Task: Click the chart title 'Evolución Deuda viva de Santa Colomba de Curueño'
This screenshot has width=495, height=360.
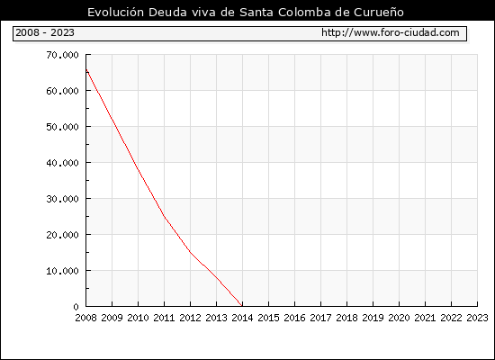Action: click(246, 12)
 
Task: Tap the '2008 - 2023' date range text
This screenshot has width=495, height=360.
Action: click(45, 32)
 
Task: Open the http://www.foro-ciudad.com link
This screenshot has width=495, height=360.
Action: click(391, 32)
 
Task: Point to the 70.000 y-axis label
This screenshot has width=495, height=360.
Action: click(62, 55)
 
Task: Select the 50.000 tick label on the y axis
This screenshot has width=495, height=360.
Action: click(62, 127)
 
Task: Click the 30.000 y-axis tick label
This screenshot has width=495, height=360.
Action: click(62, 199)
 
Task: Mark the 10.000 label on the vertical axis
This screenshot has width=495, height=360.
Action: click(62, 271)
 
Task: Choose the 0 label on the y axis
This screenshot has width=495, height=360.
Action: click(76, 307)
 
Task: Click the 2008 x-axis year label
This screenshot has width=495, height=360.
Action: click(85, 318)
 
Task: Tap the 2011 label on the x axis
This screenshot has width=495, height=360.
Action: click(164, 318)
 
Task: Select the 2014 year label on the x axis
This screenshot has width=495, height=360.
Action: click(242, 318)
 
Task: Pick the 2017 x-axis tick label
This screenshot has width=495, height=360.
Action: click(320, 318)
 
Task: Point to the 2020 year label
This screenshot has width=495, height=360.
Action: click(399, 318)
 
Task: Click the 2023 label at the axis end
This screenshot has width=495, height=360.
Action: click(477, 318)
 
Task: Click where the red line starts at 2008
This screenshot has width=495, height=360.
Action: click(86, 70)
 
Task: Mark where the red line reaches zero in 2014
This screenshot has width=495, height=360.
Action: click(242, 306)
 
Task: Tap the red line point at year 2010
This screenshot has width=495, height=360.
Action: click(139, 169)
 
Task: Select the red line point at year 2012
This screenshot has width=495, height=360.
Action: click(191, 252)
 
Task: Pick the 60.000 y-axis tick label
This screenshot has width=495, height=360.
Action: click(62, 91)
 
